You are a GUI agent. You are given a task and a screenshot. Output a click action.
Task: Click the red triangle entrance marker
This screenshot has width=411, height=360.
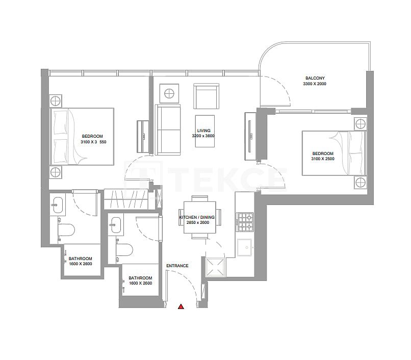pos(181,306)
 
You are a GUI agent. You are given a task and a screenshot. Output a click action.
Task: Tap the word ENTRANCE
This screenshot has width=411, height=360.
pos(177,266)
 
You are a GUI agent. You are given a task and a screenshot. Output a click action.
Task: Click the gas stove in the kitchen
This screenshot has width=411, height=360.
pos(244,222)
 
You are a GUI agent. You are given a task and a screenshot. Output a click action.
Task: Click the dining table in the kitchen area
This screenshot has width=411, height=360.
pos(200,218)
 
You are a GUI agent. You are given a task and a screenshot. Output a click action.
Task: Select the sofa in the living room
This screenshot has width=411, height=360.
pos(168,130)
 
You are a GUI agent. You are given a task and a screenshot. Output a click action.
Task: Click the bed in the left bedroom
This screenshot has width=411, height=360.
pos(82,136)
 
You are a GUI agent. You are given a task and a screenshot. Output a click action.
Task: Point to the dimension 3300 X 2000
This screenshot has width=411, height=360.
pos(314,84)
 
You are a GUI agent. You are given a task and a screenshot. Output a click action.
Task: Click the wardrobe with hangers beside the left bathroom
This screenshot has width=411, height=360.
pos(125,198)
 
